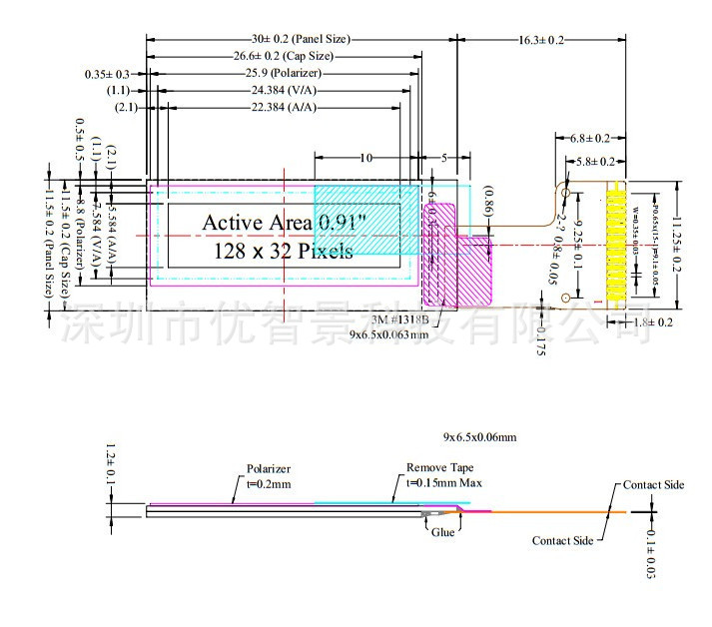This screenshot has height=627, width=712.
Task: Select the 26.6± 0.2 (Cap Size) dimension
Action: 284,56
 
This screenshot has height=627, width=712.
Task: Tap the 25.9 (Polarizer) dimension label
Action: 284,73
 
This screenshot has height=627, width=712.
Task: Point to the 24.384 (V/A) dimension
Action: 285,90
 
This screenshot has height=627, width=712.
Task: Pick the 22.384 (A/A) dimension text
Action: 285,107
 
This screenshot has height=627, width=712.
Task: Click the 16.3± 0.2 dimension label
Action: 542,40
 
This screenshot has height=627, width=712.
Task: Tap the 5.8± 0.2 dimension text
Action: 597,161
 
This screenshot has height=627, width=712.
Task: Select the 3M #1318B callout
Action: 400,319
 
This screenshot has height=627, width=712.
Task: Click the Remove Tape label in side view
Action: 440,467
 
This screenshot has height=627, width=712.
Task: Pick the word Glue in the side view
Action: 443,533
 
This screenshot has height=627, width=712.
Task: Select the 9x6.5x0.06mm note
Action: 480,437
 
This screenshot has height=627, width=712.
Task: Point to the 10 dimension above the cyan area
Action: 365,158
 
